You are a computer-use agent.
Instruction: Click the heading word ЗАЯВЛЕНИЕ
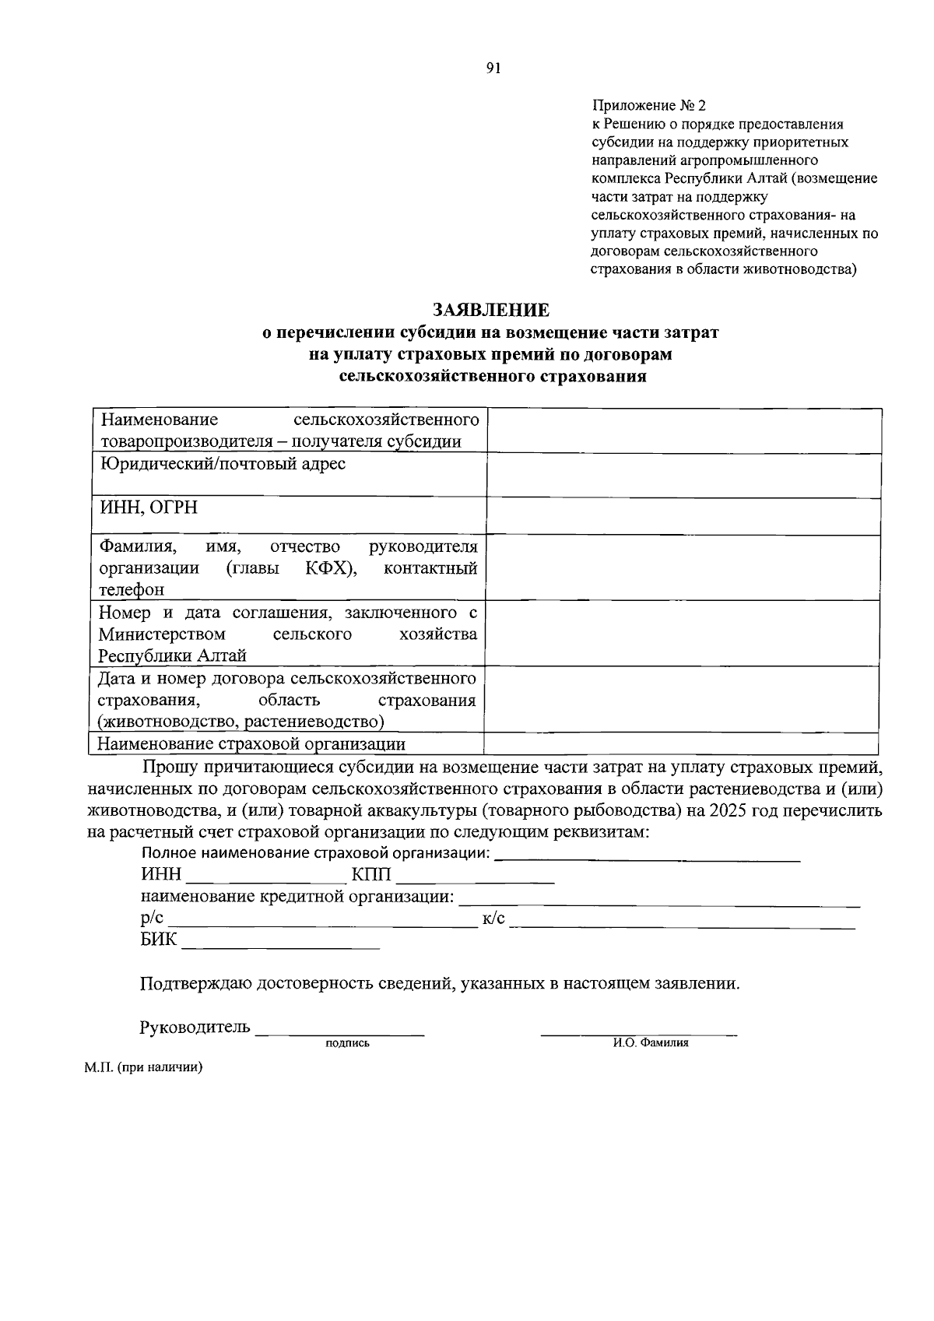(491, 310)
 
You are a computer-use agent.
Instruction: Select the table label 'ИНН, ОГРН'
(149, 508)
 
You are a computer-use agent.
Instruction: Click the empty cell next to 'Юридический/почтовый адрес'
(683, 476)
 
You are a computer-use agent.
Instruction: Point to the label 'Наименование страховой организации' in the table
(251, 743)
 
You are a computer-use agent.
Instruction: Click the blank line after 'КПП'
(475, 879)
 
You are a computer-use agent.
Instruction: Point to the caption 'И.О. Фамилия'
(651, 1043)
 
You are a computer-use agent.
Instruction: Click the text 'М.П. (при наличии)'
(144, 1068)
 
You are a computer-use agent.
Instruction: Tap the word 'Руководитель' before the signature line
(195, 1027)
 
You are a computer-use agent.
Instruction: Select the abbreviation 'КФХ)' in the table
(332, 567)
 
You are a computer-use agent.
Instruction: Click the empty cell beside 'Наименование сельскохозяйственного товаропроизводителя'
(683, 430)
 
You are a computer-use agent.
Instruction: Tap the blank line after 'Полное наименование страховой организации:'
(647, 857)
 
